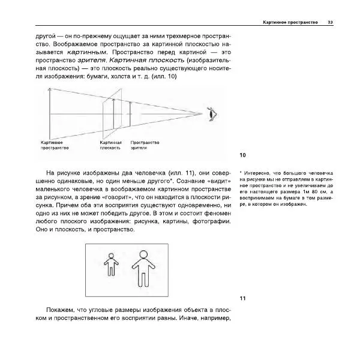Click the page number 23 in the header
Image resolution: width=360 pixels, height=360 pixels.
point(331,22)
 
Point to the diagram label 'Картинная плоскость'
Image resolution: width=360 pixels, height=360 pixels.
point(110,145)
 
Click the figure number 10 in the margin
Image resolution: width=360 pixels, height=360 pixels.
point(242,155)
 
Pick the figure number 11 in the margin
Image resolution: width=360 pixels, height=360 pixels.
point(242,299)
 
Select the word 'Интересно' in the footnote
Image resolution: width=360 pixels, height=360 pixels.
point(257,173)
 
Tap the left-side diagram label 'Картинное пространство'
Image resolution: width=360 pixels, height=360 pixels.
point(54,145)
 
